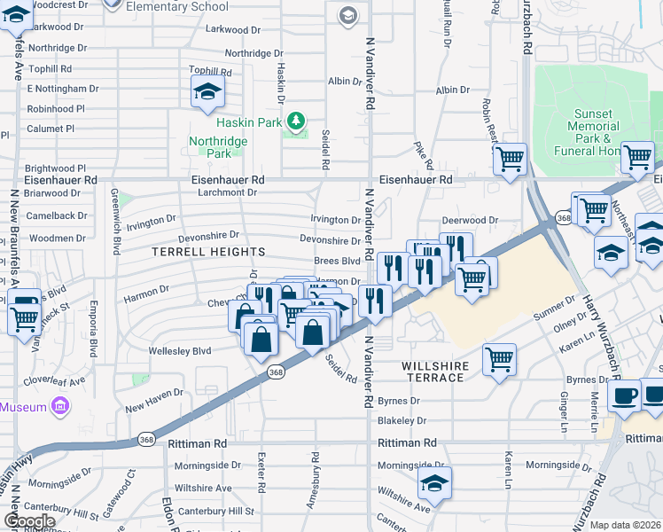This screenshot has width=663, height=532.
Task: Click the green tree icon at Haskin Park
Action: [x=298, y=122]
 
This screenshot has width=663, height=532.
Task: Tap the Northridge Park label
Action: [x=210, y=147]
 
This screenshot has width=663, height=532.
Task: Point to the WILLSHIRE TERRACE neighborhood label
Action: [x=433, y=372]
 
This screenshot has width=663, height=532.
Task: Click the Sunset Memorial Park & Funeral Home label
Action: [x=592, y=133]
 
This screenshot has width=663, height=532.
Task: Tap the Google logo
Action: [x=29, y=521]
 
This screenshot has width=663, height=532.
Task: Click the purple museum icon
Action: [x=59, y=407]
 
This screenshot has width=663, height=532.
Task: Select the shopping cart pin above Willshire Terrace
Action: [x=499, y=359]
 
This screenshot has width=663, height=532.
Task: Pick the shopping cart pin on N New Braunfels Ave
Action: [x=24, y=315]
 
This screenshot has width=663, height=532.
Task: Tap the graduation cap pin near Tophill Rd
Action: [x=207, y=90]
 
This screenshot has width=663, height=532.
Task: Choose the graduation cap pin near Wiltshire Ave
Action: [x=434, y=482]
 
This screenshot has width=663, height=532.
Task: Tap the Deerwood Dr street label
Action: [x=470, y=221]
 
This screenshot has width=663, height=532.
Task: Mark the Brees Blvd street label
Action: [x=338, y=262]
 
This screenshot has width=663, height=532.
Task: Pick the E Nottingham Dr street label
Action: [x=62, y=89]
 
